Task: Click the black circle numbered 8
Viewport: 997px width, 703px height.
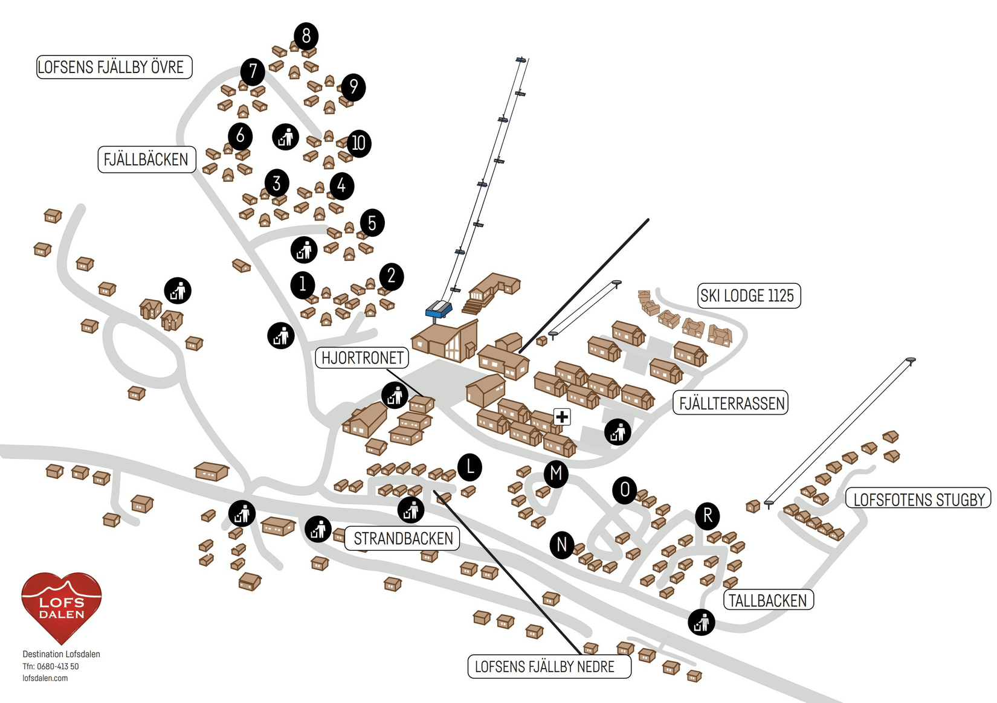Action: pyautogui.click(x=306, y=36)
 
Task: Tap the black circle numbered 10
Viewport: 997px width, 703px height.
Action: pyautogui.click(x=358, y=143)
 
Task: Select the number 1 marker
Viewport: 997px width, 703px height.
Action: pyautogui.click(x=303, y=283)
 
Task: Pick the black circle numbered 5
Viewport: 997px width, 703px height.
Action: pyautogui.click(x=372, y=223)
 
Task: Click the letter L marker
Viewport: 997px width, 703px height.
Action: pyautogui.click(x=469, y=467)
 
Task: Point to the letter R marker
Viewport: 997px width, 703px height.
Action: pyautogui.click(x=708, y=516)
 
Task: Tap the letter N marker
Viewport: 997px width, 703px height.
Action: pyautogui.click(x=562, y=545)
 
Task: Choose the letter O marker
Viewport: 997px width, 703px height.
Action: pyautogui.click(x=625, y=490)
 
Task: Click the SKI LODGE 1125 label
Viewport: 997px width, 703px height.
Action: pyautogui.click(x=749, y=296)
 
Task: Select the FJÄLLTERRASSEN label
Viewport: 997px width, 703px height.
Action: pyautogui.click(x=731, y=403)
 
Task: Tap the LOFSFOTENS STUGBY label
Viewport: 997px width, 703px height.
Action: pyautogui.click(x=918, y=499)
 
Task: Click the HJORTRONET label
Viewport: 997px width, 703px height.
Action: pyautogui.click(x=362, y=358)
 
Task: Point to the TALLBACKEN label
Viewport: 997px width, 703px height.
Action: pyautogui.click(x=768, y=600)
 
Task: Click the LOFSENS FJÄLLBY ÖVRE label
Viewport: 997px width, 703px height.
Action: pyautogui.click(x=114, y=67)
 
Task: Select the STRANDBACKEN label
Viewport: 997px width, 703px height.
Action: pyautogui.click(x=402, y=539)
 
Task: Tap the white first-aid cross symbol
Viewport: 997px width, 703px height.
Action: pyautogui.click(x=562, y=417)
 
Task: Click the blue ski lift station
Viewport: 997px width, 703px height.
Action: pyautogui.click(x=439, y=309)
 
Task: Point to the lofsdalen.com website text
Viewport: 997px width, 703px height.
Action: pyautogui.click(x=45, y=678)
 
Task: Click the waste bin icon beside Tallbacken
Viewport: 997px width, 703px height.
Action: pyautogui.click(x=702, y=622)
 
